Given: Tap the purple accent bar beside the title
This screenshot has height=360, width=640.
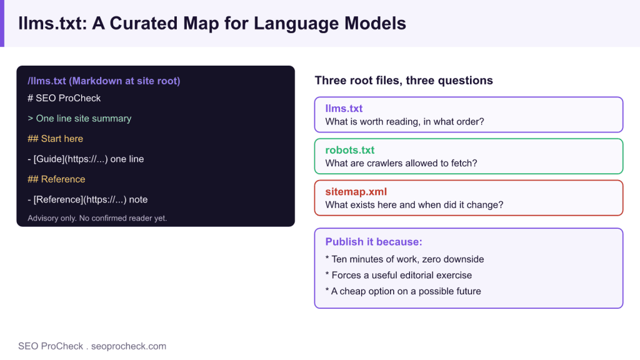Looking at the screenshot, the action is tap(2, 23).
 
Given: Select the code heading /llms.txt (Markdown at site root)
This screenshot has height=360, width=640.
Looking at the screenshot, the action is tap(104, 81).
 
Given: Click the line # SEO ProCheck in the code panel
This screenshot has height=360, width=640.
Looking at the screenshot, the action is tap(64, 98).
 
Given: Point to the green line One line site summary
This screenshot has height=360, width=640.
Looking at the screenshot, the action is tap(79, 118).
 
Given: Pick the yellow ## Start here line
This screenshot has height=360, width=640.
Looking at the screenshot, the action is tap(55, 139).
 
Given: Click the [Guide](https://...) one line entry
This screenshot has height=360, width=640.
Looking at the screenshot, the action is tap(86, 159).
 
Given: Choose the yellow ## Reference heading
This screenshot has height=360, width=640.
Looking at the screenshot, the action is tap(56, 179).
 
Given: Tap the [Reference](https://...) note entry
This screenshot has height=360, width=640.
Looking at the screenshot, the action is tap(87, 199).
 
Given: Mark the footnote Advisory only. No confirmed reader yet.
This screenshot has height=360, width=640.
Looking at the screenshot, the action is tap(97, 218).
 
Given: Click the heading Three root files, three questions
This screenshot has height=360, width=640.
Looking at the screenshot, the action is tap(404, 81).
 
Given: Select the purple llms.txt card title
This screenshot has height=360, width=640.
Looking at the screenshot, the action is tap(344, 108).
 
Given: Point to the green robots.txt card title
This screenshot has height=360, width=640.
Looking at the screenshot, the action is tap(350, 150).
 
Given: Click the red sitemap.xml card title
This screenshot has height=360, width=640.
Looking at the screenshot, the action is tap(356, 191).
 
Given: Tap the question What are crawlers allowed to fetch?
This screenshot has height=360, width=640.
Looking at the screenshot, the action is tap(401, 163).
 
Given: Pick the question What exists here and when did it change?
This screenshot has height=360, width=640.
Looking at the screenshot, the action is tap(414, 205).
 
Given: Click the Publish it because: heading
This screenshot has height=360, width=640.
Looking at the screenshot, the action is tap(374, 242).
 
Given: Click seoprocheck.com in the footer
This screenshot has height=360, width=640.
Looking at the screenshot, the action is tap(129, 346).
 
